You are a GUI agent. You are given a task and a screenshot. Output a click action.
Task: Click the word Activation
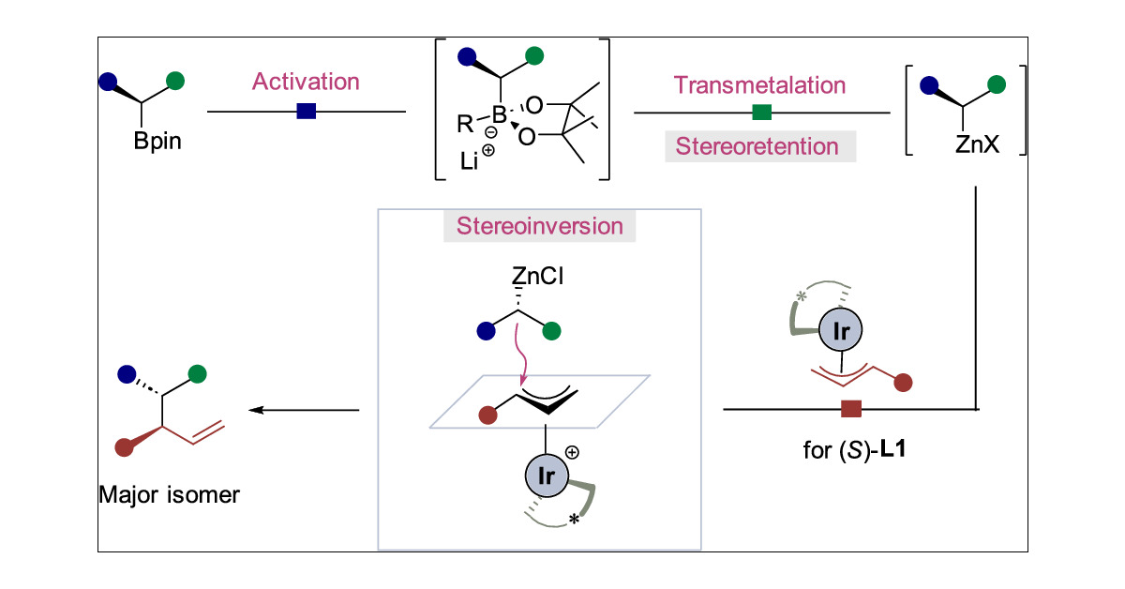[305, 82]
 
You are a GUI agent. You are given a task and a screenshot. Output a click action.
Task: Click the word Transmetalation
[760, 84]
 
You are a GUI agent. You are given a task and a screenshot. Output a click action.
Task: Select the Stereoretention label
[759, 146]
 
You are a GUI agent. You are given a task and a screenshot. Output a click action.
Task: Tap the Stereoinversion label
[539, 227]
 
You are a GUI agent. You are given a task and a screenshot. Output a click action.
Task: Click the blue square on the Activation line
[306, 113]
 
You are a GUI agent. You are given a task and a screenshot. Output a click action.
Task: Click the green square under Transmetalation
[762, 113]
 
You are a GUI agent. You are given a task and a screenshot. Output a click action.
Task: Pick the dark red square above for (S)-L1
[851, 408]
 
